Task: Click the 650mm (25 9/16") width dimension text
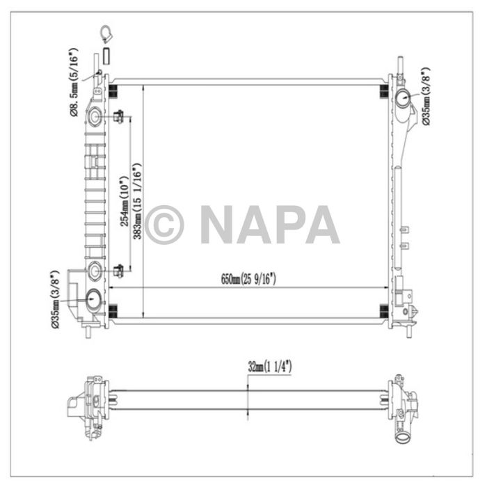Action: [x=249, y=280]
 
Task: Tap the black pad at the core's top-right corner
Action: [x=383, y=93]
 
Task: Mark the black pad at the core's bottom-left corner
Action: [x=114, y=310]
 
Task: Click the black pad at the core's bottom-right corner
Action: [x=383, y=310]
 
